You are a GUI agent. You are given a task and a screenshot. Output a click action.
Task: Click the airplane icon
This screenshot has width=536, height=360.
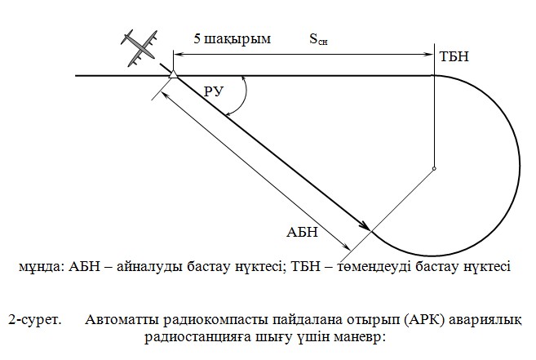(x=139, y=48)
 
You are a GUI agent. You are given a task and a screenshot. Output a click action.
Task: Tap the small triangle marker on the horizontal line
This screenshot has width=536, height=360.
(x=173, y=74)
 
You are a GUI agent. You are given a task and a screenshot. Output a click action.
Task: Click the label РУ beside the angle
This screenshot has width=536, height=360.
(x=214, y=91)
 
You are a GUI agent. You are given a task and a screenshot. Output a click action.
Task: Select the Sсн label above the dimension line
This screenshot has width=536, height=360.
(x=318, y=38)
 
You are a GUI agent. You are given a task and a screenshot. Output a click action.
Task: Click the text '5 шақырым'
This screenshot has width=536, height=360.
(x=233, y=38)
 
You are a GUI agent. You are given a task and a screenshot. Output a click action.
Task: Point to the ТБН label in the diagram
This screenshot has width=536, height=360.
(x=454, y=56)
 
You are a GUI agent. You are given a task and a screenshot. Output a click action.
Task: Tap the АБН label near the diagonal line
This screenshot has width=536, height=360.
(x=302, y=232)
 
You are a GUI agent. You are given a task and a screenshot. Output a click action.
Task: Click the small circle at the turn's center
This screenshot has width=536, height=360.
(x=434, y=168)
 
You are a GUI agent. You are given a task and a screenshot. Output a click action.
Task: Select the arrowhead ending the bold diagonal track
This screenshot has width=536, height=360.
(x=365, y=226)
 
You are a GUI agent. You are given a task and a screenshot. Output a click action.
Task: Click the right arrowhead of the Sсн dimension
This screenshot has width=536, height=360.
(x=428, y=54)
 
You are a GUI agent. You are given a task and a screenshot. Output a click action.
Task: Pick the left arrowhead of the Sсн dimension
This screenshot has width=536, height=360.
(x=179, y=54)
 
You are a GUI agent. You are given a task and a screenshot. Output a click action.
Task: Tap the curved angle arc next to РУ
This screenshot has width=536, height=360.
(x=242, y=96)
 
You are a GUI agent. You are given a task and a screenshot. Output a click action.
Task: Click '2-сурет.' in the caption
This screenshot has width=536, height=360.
(x=35, y=320)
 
